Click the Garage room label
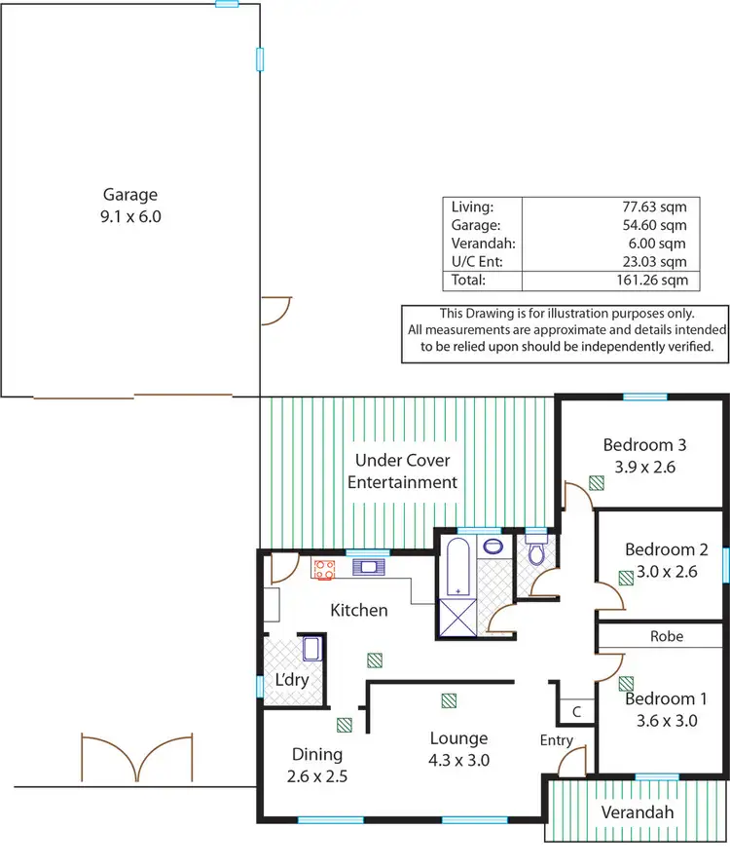coord(130,195)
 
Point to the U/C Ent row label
coord(474,262)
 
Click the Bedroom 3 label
coord(644,445)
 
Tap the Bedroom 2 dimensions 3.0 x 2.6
coord(661,572)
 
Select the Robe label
coord(667,636)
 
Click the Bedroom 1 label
coord(666,698)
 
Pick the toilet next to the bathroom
coord(535,555)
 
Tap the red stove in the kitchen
coord(324,569)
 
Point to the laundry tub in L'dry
coord(310,649)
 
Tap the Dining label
coord(317,754)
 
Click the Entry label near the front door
coord(557,740)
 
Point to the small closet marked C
coord(576,712)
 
